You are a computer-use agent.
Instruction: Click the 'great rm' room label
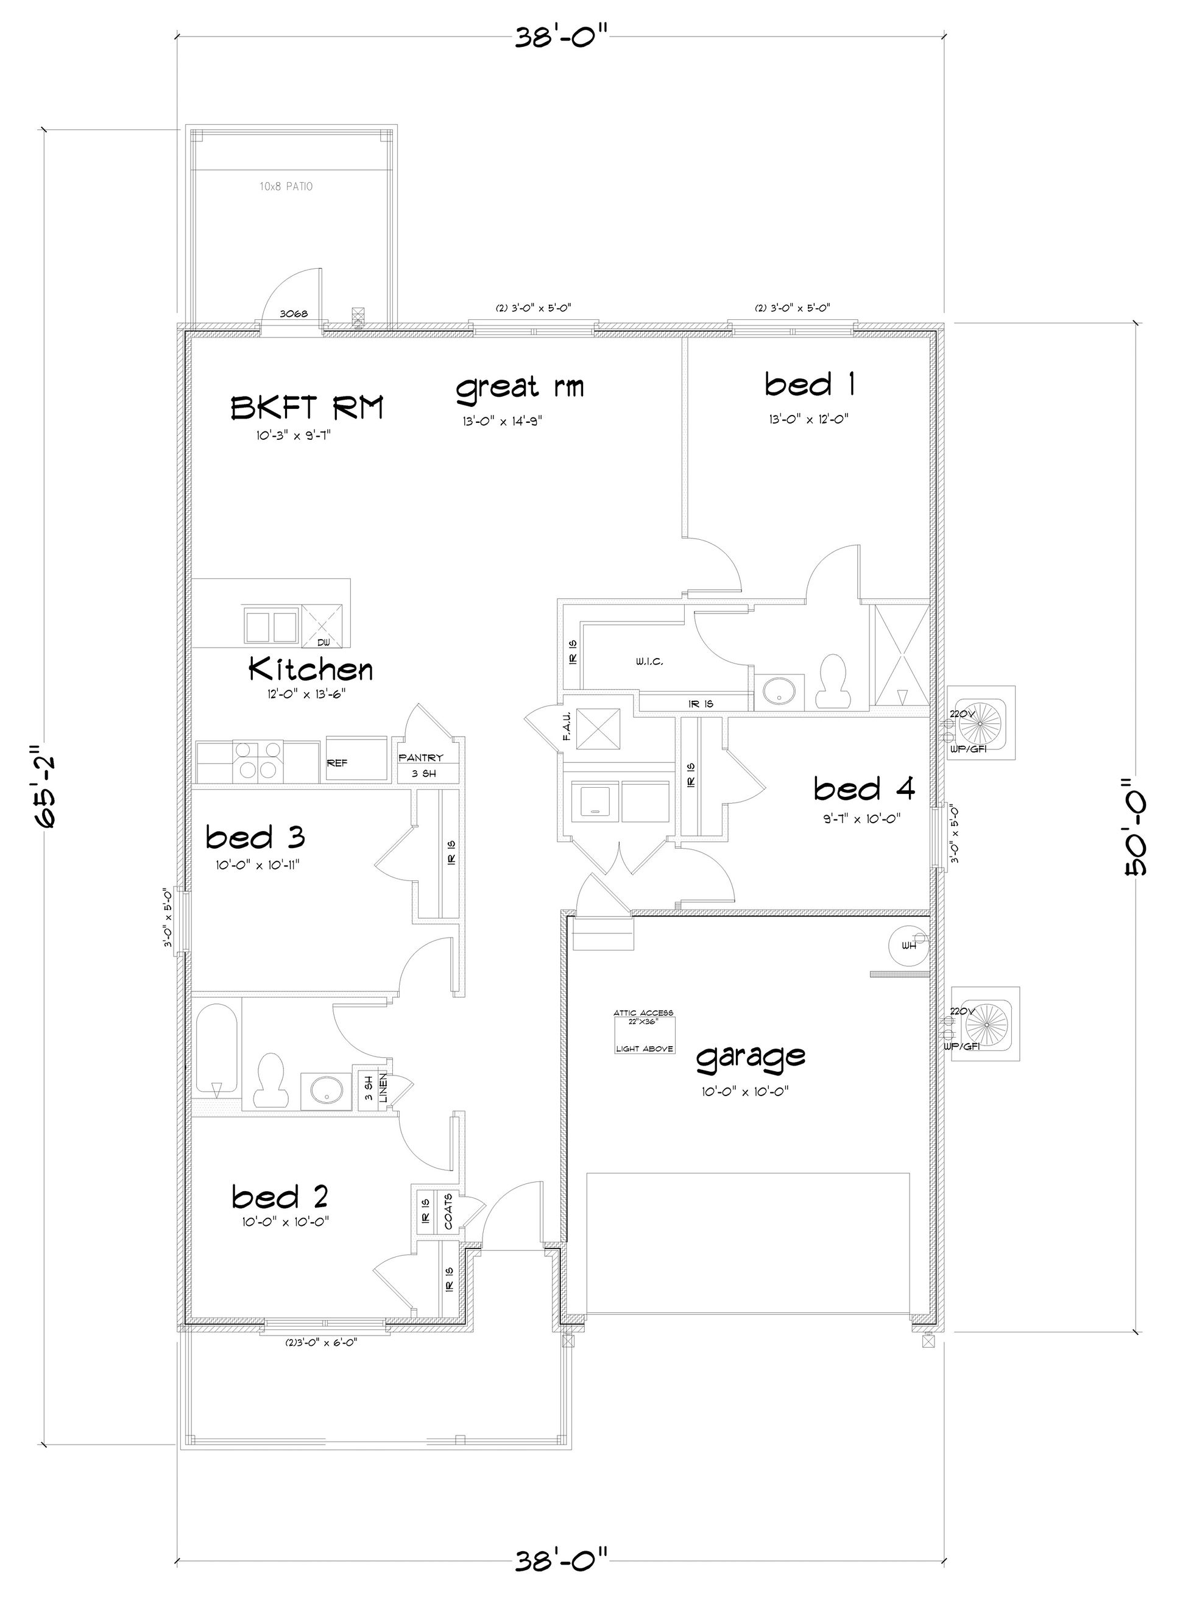click(520, 388)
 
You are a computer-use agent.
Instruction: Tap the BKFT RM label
click(307, 409)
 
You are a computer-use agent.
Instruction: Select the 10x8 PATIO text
click(286, 186)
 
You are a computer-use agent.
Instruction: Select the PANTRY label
click(420, 758)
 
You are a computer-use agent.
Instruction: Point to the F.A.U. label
click(567, 727)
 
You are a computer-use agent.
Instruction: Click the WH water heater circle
click(909, 946)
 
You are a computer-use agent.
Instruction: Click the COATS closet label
click(448, 1211)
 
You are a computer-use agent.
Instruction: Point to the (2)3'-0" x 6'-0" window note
click(320, 1342)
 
